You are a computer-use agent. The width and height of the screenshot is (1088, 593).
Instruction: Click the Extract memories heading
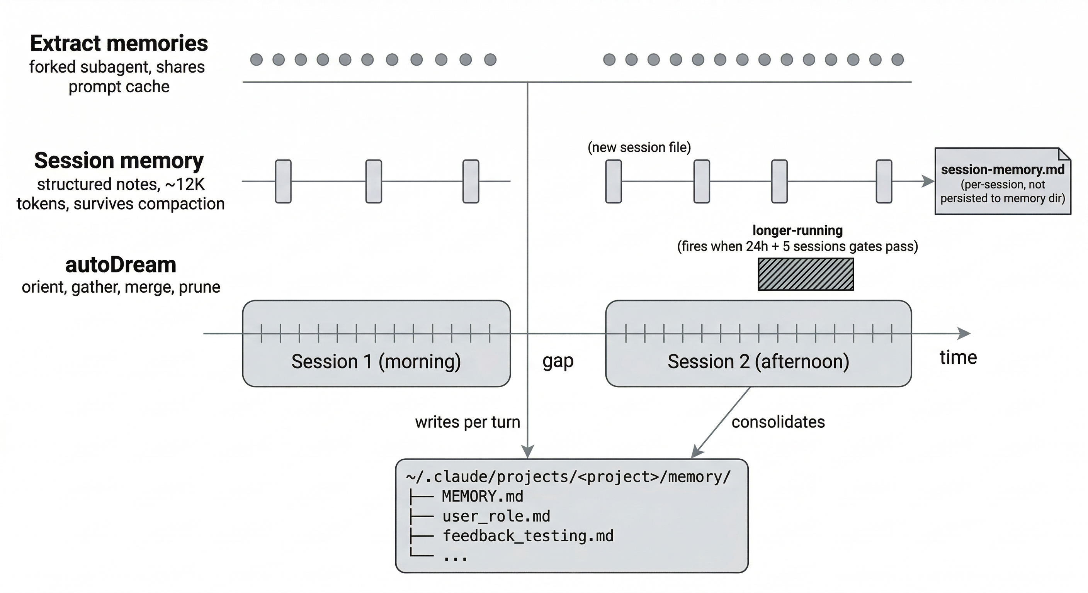coord(119,44)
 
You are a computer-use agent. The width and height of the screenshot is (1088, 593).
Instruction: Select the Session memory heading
coord(119,161)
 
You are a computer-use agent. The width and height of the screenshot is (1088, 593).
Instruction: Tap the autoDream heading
coord(121,265)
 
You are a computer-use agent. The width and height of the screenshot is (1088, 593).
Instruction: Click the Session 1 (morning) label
coord(376,362)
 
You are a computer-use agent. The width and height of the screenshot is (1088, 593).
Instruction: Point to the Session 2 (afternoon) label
coord(758,362)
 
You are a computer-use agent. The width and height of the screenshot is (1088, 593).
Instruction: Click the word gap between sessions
coord(558,361)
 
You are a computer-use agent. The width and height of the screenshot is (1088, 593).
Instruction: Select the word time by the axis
coord(958,357)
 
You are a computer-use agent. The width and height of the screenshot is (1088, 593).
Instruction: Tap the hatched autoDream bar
coord(806,274)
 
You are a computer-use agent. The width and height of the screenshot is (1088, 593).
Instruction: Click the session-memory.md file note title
coord(1003,169)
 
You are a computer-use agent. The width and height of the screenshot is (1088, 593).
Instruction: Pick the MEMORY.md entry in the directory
coord(482,496)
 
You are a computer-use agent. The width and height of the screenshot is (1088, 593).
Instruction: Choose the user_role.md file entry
coord(496,516)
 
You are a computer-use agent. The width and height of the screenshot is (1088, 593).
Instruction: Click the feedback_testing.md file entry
coord(527,536)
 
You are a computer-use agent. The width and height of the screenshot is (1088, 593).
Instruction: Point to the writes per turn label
coord(467,422)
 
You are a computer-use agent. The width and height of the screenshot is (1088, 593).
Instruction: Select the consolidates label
coord(778,422)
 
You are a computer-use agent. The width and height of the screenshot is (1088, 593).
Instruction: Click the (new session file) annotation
coord(639,147)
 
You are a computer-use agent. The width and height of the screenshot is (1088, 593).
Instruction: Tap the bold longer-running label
coord(797,230)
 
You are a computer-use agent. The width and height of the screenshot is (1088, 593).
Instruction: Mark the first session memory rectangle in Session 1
coord(283,181)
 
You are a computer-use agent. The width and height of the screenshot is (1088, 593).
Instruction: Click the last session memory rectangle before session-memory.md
coord(884,181)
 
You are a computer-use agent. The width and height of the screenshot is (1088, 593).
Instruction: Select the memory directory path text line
coord(568,477)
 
